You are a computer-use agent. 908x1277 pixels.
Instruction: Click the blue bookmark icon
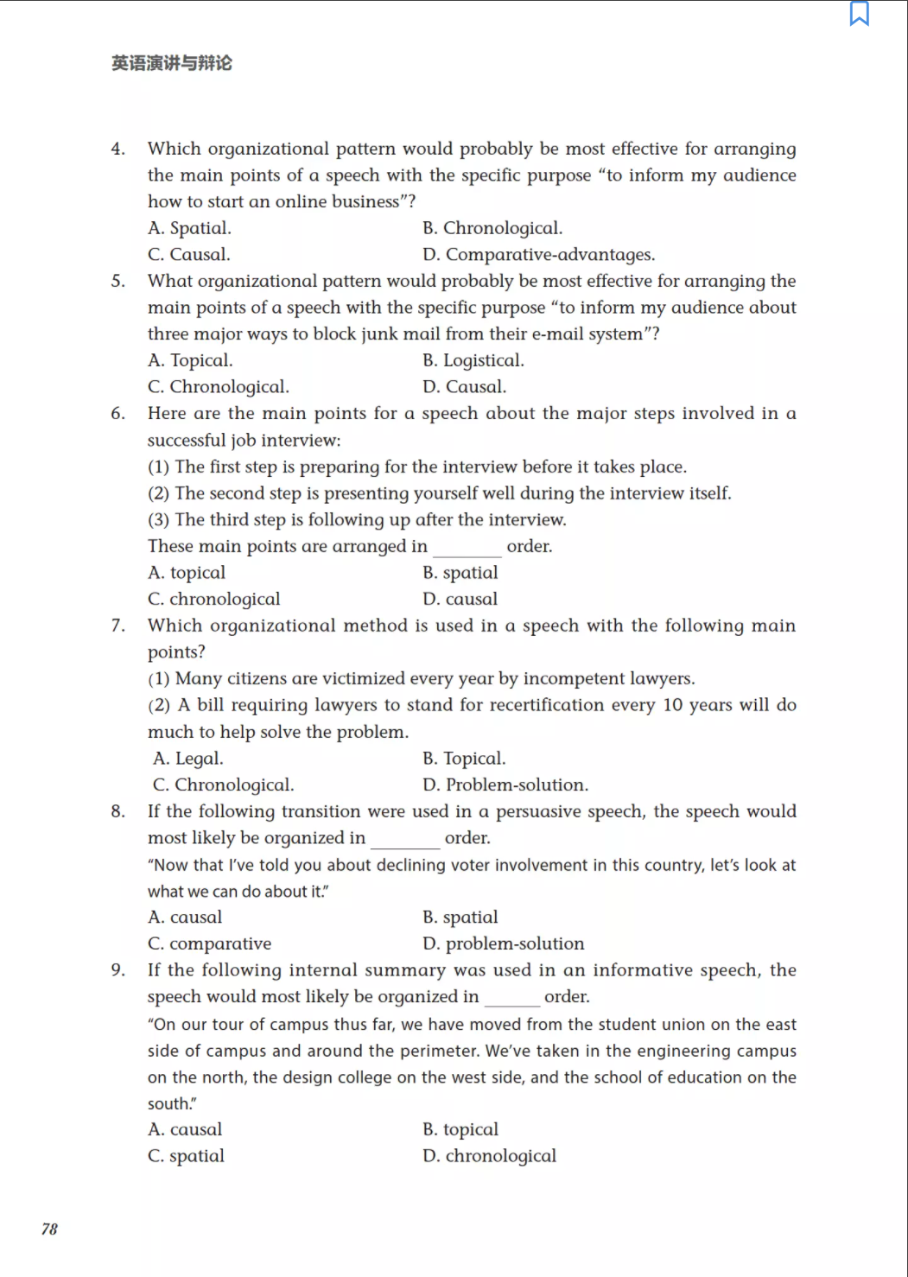coord(859,14)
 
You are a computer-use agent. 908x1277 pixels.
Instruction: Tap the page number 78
coord(49,1229)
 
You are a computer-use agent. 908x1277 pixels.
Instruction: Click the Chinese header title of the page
coord(172,63)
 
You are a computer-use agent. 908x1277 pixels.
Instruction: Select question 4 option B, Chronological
coord(492,228)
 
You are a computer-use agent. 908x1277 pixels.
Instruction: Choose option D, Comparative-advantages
coord(538,255)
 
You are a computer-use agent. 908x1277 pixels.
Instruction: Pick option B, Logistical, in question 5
coord(473,360)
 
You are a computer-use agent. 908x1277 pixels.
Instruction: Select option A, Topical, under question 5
coord(190,360)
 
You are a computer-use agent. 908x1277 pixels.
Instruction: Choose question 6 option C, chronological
coord(213,599)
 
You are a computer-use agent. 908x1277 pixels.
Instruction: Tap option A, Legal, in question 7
coord(187,759)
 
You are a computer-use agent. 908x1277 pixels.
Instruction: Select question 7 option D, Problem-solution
coord(505,785)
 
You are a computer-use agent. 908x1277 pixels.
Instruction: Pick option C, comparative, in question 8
coord(209,943)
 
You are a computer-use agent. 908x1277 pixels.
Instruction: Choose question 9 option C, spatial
coord(186,1156)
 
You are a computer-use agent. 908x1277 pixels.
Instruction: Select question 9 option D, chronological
coord(489,1156)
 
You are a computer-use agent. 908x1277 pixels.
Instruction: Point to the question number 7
coord(117,626)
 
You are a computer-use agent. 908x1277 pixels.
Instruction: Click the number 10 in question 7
coord(673,705)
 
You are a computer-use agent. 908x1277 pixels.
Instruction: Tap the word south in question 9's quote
coord(168,1103)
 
